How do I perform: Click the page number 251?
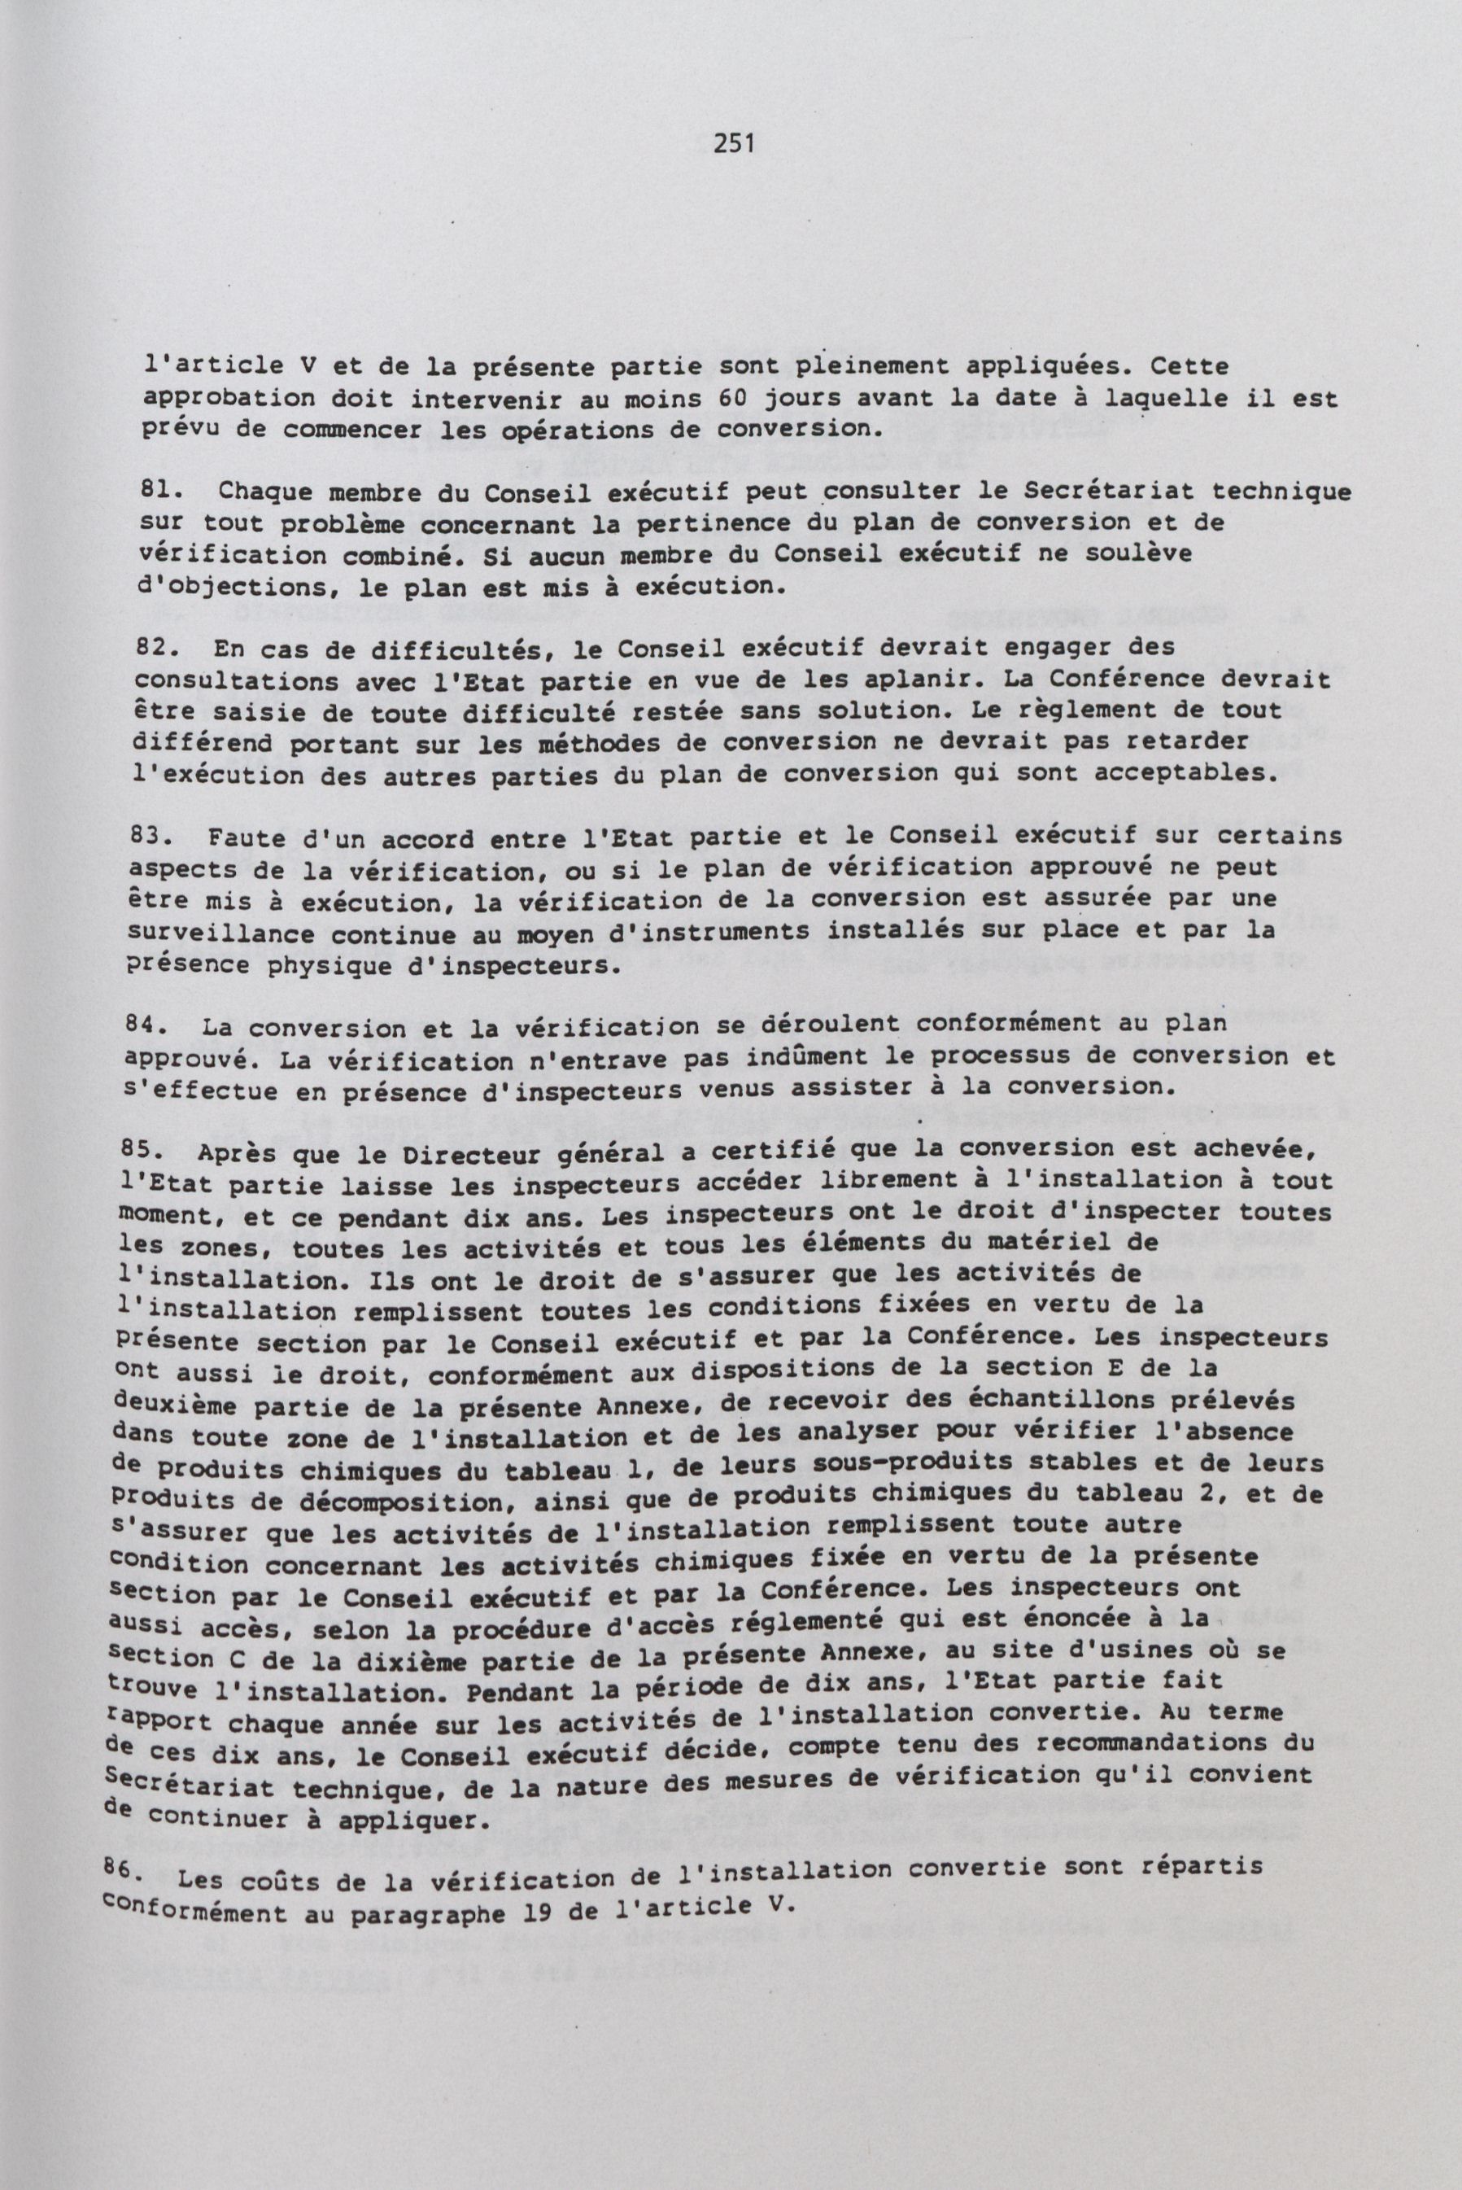click(734, 142)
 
